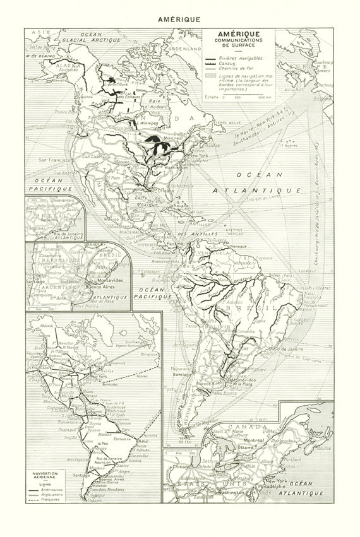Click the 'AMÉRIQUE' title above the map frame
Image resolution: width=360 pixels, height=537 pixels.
pos(179,19)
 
